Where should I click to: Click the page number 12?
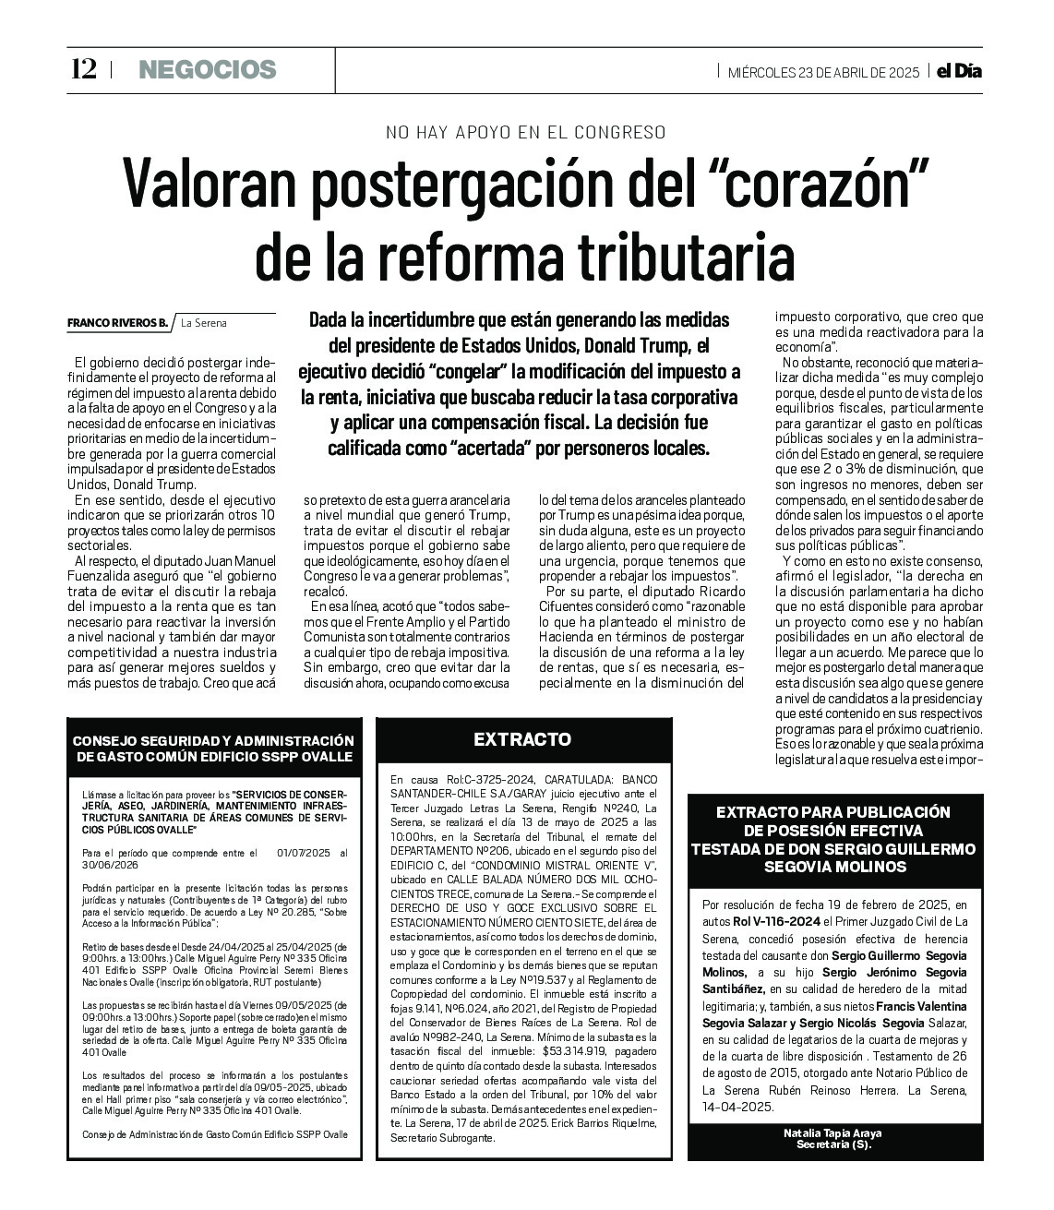pos(82,69)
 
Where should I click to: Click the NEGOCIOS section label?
pos(208,69)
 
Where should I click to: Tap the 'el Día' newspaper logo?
pos(959,71)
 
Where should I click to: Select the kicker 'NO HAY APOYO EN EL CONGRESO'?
pos(526,132)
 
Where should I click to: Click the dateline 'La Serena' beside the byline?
pos(204,323)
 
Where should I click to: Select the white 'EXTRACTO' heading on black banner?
pos(522,739)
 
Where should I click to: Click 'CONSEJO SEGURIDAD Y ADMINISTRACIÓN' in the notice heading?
pos(213,741)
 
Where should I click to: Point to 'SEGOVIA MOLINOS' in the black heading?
pos(835,867)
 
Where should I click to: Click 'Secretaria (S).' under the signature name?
pos(834,1145)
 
